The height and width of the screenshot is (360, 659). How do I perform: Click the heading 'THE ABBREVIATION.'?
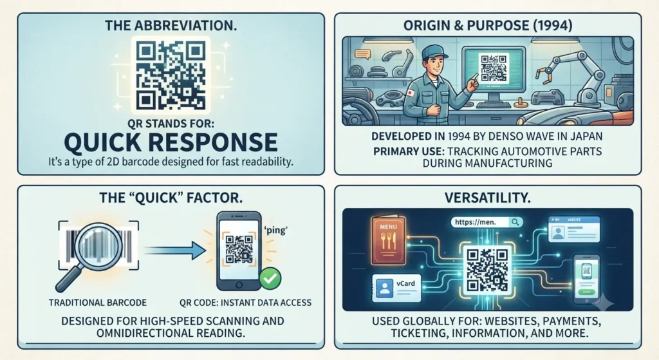tap(171, 25)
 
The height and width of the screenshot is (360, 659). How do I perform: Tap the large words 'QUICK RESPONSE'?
tap(171, 142)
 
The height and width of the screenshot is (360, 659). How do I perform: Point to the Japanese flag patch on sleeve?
tap(410, 93)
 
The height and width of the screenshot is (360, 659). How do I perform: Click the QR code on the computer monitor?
tap(494, 68)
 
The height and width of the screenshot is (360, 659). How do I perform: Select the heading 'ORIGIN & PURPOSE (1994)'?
tap(488, 25)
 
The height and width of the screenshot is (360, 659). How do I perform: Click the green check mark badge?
tap(270, 278)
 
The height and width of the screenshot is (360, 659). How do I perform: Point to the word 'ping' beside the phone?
tap(275, 231)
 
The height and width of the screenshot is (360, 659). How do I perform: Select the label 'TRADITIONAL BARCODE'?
tap(98, 303)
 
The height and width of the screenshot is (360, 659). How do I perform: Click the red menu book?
tap(388, 241)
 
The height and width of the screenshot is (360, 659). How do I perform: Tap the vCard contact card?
tap(396, 288)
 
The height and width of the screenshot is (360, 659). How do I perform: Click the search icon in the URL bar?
tap(515, 222)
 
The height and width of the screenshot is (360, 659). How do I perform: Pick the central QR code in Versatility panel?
tap(488, 269)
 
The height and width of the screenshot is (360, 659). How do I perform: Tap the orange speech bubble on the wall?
tap(362, 54)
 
